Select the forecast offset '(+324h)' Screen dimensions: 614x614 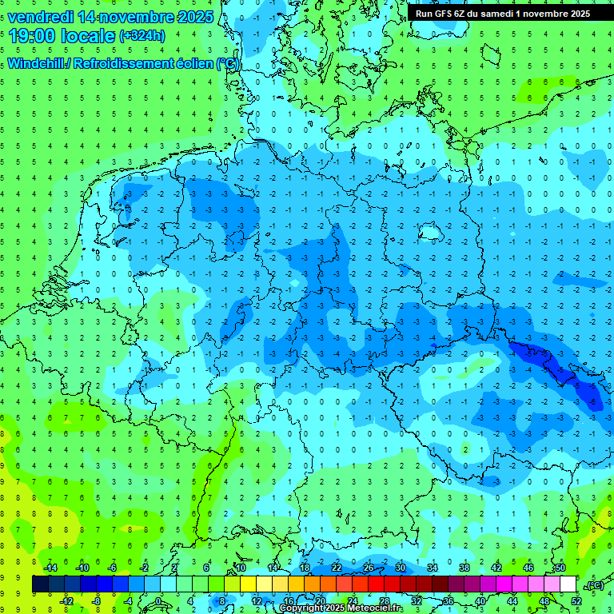tap(142, 36)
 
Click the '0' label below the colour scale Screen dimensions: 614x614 tap(157, 601)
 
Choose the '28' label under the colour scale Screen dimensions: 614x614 tap(384, 601)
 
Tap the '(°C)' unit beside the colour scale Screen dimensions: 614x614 tap(594, 585)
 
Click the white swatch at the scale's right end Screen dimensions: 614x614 tap(568, 584)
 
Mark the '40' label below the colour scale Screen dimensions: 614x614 tap(480, 601)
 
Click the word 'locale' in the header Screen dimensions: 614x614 tap(90, 36)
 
